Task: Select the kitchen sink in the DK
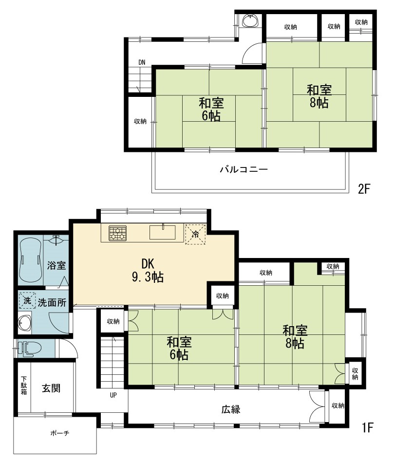coord(162,232)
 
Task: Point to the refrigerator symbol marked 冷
coord(195,234)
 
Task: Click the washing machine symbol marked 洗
coord(27,300)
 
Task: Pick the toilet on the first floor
coord(29,349)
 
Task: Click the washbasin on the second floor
coord(251,21)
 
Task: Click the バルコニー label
coord(244,169)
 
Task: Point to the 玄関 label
coord(51,388)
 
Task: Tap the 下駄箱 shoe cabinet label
coord(24,386)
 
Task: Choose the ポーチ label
coord(60,433)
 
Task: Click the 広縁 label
coord(231,409)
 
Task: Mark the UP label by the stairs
coord(113,395)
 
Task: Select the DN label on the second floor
coord(142,62)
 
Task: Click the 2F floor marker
coord(363,189)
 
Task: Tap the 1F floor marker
coord(367,427)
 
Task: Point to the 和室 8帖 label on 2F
coord(319,96)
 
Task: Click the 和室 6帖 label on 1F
coord(179,349)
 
